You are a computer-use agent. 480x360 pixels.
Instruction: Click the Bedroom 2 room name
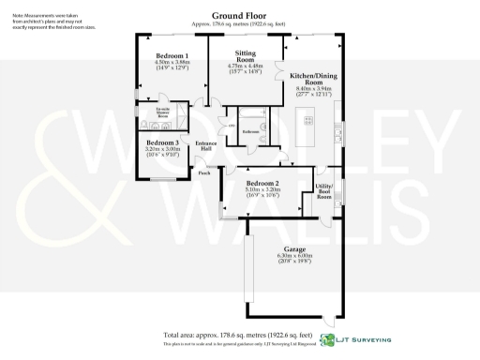(x=262, y=183)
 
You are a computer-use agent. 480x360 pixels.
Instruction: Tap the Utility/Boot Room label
(x=324, y=191)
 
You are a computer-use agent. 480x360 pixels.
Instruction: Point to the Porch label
(x=203, y=172)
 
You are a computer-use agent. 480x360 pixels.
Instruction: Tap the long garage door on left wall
(x=247, y=271)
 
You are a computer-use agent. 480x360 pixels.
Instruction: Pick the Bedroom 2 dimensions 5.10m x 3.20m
(x=262, y=190)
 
